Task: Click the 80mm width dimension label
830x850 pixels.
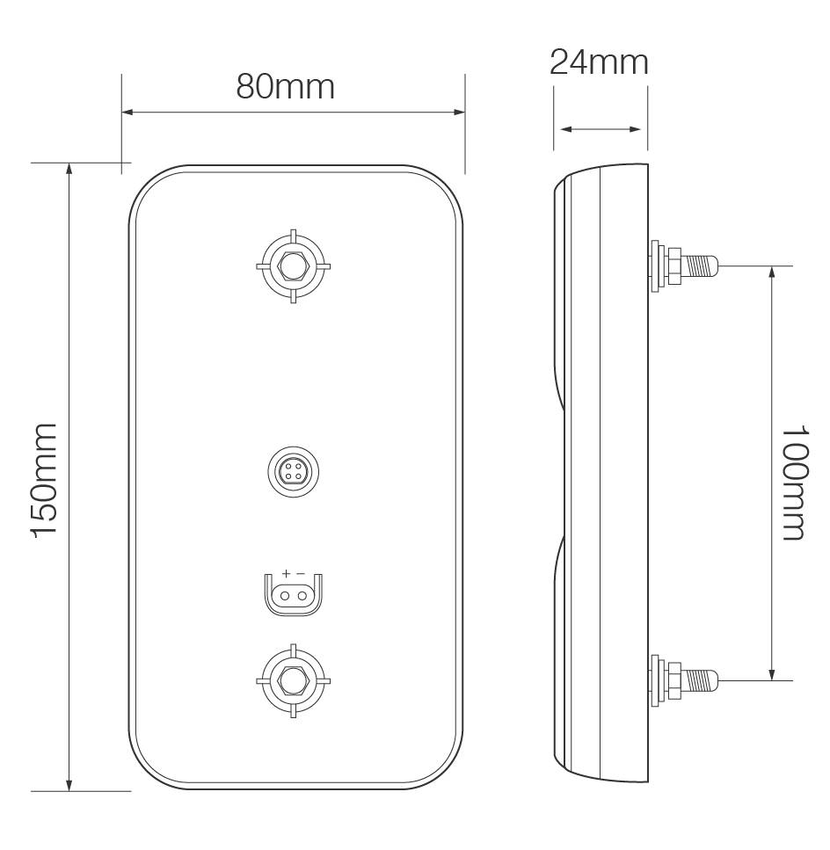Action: pos(286,86)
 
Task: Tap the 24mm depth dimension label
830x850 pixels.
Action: pos(599,62)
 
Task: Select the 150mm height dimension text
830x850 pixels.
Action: pos(46,480)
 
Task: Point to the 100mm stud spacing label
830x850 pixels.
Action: pos(795,483)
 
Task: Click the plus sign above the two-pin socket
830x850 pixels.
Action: pos(286,573)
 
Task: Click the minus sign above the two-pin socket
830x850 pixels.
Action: pos(301,573)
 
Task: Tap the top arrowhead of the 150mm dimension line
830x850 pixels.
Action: pos(69,170)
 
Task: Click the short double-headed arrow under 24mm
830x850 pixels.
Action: pos(601,129)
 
